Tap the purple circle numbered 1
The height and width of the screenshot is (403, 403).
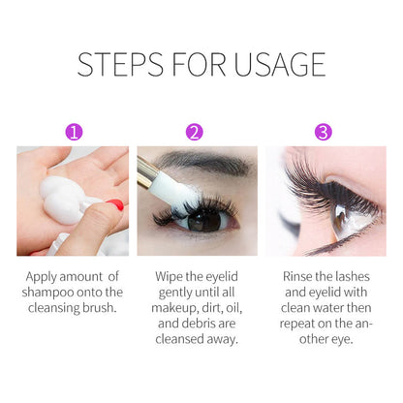[x=73, y=130]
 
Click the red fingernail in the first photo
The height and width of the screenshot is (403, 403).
[x=115, y=206]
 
